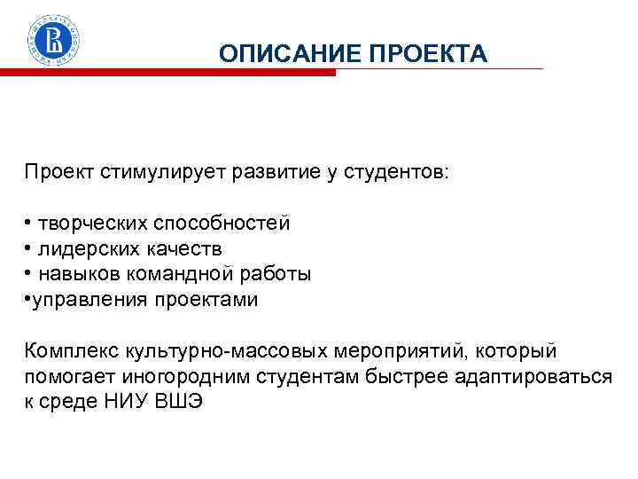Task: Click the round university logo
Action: (56, 41)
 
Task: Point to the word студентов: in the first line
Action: (399, 170)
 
